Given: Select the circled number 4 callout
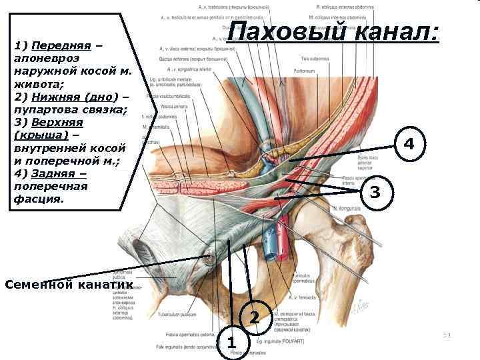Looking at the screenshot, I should (x=408, y=143).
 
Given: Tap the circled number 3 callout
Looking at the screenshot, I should (x=375, y=193).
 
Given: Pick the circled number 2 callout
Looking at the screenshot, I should (x=254, y=316).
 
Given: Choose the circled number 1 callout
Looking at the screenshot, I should (x=231, y=343).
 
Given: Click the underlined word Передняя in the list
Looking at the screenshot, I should (x=61, y=46).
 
